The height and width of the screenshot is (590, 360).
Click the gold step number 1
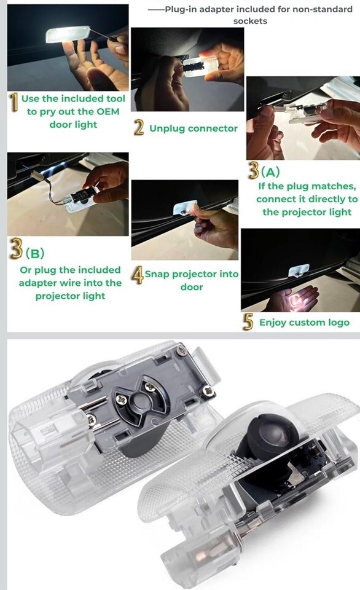(x=14, y=103)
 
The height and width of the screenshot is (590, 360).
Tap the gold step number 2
(x=139, y=127)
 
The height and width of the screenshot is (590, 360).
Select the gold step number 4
(x=138, y=275)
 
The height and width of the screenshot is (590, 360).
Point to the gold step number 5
(x=248, y=322)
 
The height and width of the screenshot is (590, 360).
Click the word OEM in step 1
(x=108, y=112)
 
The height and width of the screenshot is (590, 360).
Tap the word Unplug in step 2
(x=167, y=128)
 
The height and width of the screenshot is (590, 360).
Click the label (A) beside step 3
(x=270, y=172)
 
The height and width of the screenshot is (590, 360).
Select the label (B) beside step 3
(x=34, y=253)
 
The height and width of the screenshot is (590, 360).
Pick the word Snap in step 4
(x=157, y=274)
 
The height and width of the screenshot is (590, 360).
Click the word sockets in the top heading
(x=250, y=21)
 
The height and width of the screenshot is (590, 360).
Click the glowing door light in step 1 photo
(x=68, y=34)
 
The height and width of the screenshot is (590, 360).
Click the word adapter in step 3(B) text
(x=38, y=283)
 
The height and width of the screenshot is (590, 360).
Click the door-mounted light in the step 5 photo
(x=299, y=270)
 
